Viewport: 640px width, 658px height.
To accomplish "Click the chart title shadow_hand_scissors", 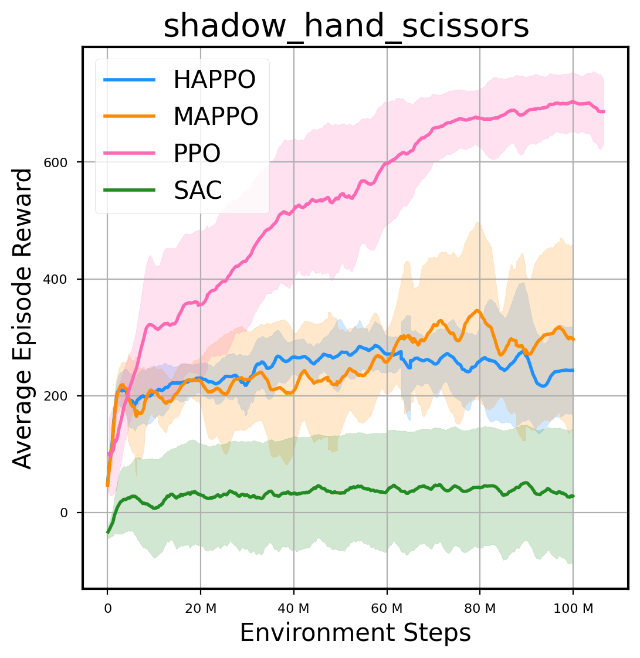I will (x=346, y=26).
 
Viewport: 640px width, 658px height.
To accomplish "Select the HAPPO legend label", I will (x=214, y=80).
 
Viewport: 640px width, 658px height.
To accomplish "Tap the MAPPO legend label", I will (x=215, y=117).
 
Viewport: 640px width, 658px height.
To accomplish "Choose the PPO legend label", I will (x=197, y=153).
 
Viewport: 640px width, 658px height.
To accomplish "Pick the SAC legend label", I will (x=197, y=189).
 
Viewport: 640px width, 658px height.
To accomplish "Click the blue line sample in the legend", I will (x=130, y=80).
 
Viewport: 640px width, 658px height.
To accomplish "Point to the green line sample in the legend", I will (x=130, y=189).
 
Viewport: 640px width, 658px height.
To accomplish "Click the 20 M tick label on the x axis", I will (x=200, y=609).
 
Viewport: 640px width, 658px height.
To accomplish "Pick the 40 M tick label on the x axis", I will (x=293, y=609).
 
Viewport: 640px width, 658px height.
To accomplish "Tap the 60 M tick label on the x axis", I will (x=387, y=609).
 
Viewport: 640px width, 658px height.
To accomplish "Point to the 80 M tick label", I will (x=480, y=609).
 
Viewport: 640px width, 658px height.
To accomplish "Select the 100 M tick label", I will (x=573, y=609).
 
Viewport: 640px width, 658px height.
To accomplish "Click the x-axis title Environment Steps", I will (x=355, y=633).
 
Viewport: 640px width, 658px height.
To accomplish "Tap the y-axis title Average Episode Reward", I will (x=23, y=318).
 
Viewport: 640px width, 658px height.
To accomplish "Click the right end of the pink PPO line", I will (x=603, y=111).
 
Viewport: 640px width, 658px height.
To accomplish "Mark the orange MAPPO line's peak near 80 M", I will (x=478, y=311).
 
